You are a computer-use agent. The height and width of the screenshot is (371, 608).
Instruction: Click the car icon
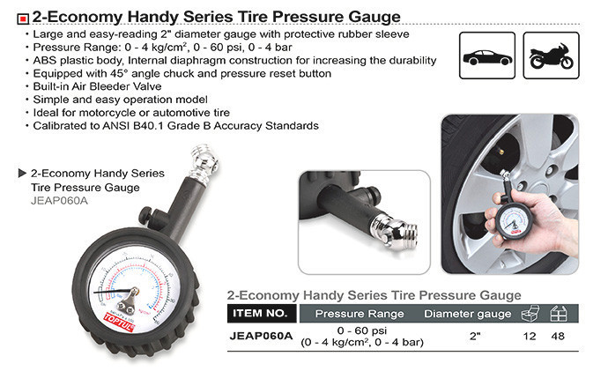487,57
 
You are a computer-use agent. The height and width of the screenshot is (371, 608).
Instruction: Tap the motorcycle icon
551,56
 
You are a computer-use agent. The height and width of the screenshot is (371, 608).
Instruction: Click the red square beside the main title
23,19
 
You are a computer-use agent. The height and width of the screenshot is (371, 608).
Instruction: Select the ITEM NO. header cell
261,313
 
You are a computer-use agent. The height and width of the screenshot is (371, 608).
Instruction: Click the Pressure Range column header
360,314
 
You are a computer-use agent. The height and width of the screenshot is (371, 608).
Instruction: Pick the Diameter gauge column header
467,314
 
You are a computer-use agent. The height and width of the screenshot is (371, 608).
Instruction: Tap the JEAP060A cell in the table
261,336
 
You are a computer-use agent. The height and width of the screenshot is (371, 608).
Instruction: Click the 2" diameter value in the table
475,336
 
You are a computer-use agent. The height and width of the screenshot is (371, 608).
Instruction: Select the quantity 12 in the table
530,336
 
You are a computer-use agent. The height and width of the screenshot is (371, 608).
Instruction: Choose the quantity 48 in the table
558,336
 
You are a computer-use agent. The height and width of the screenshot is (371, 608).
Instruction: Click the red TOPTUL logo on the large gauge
119,323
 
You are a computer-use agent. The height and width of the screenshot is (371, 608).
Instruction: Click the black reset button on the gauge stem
146,214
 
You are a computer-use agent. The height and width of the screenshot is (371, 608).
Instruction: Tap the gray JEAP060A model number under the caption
59,201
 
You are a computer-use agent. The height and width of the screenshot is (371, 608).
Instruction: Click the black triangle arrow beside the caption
22,173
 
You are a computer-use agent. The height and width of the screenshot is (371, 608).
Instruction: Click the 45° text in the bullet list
120,74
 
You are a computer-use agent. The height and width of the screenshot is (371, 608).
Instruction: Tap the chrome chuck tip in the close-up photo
396,233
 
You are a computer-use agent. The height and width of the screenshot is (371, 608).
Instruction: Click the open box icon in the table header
530,313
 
